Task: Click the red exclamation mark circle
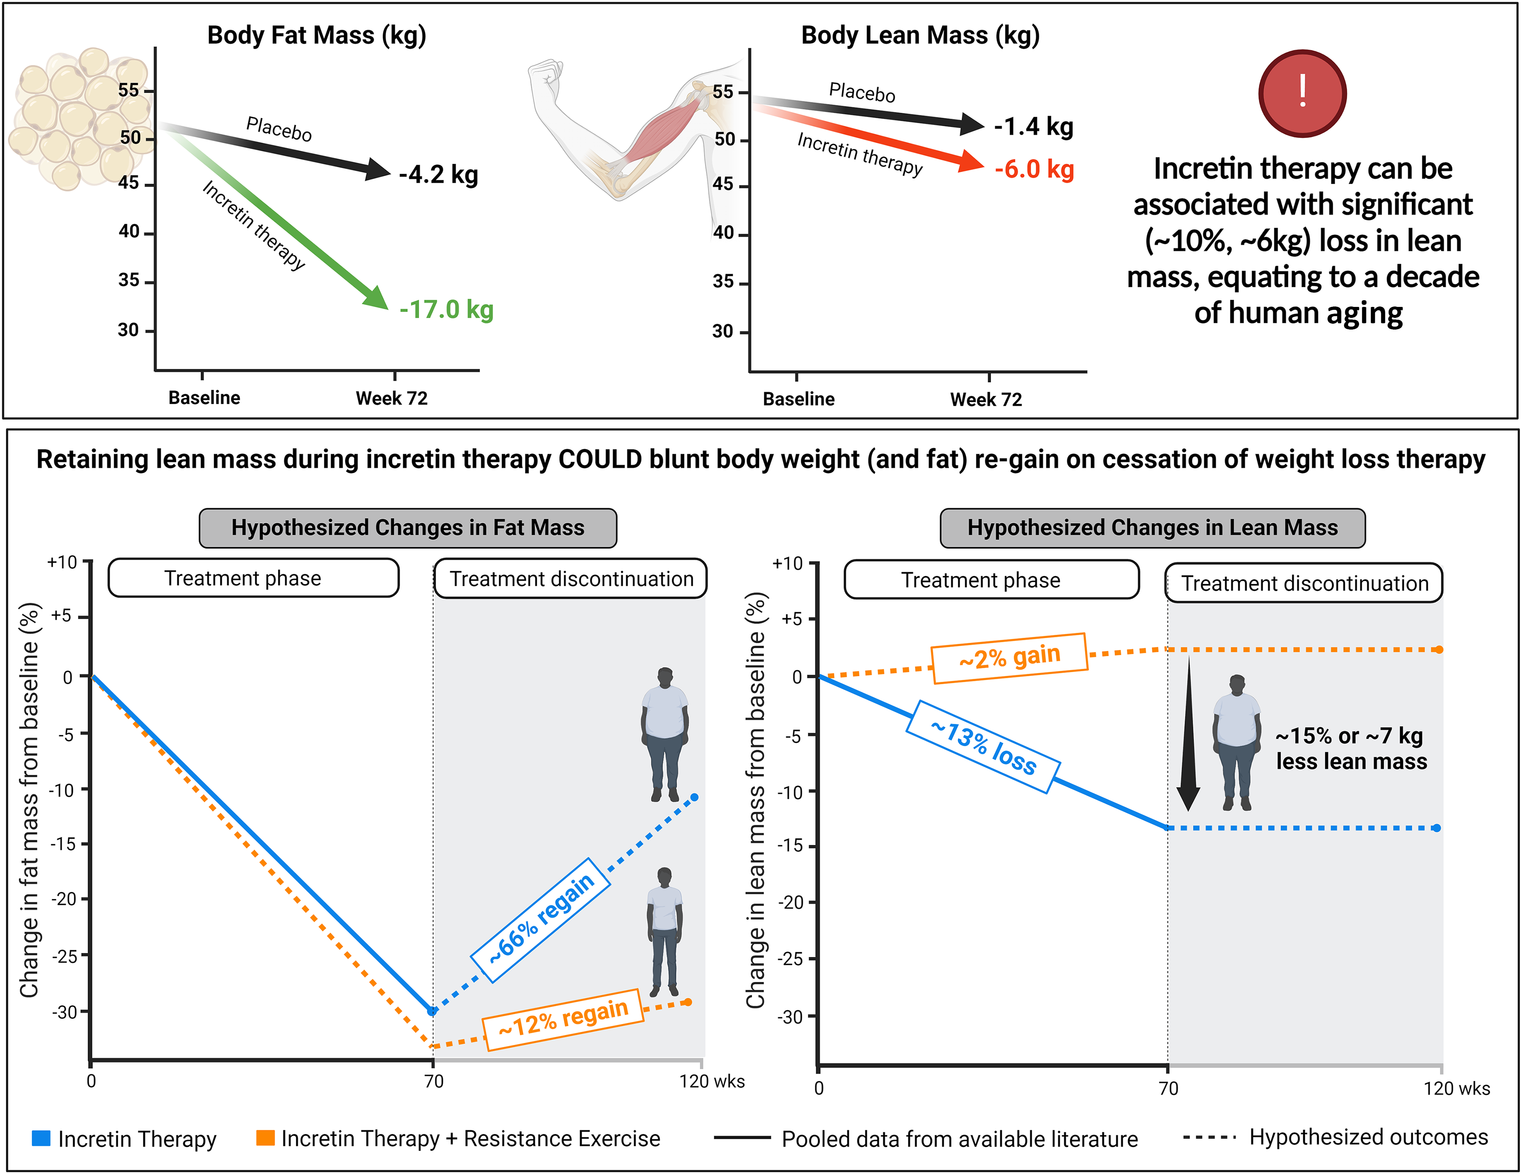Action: pyautogui.click(x=1302, y=94)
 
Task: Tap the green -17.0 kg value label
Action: pyautogui.click(x=446, y=309)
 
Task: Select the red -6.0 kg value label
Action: pyautogui.click(x=1034, y=169)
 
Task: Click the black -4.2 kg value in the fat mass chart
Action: pyautogui.click(x=438, y=174)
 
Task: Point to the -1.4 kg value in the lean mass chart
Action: pyautogui.click(x=1033, y=127)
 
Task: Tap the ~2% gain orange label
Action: pyautogui.click(x=1009, y=657)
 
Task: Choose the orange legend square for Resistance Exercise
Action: pyautogui.click(x=265, y=1138)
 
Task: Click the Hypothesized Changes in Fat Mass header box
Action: pyautogui.click(x=408, y=528)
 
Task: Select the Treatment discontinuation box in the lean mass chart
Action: pyautogui.click(x=1304, y=583)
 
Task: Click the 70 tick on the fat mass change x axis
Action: pyautogui.click(x=433, y=1081)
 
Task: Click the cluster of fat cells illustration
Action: pyautogui.click(x=77, y=119)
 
